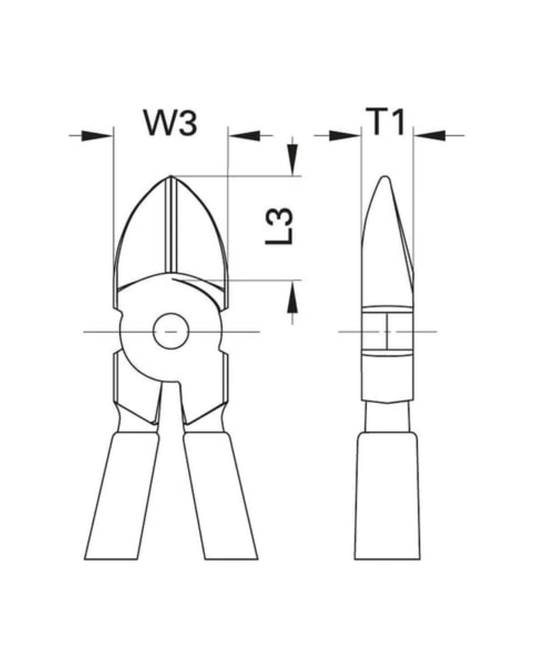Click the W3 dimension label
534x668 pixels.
pyautogui.click(x=170, y=122)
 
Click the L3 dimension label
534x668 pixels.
pyautogui.click(x=279, y=226)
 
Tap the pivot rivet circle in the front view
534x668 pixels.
pyautogui.click(x=171, y=331)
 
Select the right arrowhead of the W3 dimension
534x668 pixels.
pyautogui.click(x=244, y=136)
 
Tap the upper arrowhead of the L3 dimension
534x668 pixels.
pyautogui.click(x=292, y=160)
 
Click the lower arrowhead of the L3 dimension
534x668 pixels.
pyautogui.click(x=292, y=297)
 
